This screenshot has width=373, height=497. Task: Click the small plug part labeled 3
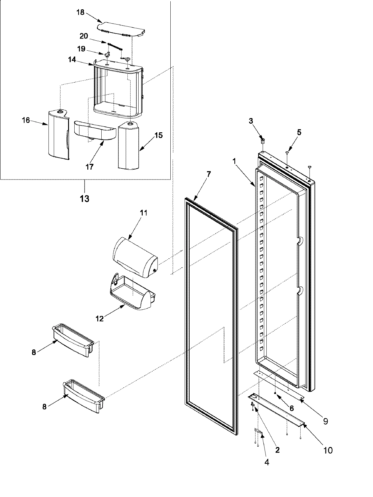262,142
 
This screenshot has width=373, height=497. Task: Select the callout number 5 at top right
299,132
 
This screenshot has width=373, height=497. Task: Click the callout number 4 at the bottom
266,463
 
